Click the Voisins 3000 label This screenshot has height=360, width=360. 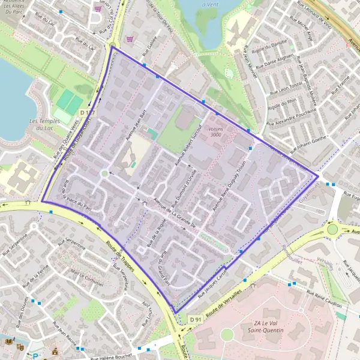(x=211, y=132)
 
